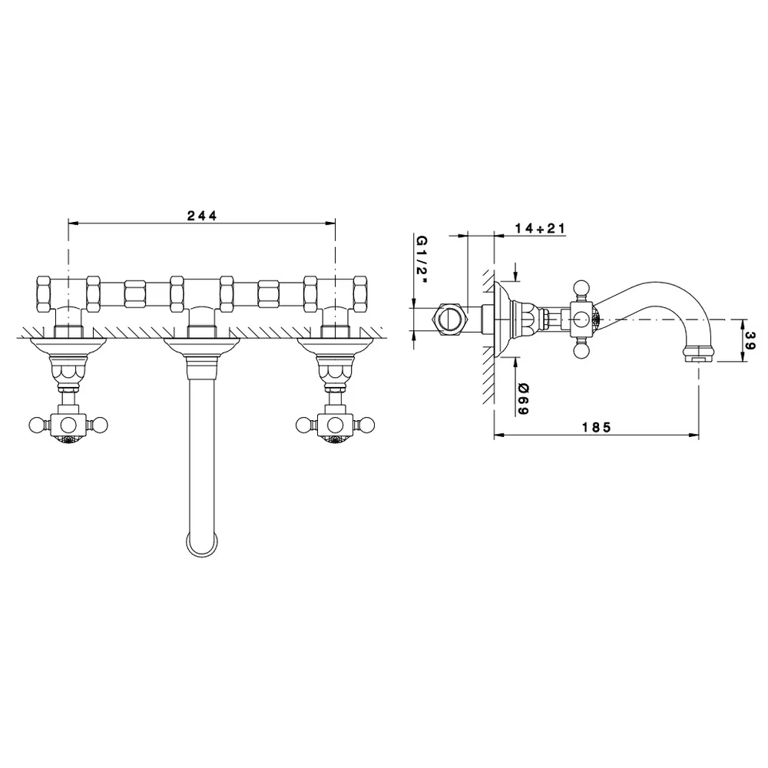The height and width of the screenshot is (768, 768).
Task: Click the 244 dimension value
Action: click(x=202, y=216)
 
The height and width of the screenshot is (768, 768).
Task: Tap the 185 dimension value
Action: click(x=597, y=428)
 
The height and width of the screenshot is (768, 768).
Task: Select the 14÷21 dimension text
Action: click(x=540, y=228)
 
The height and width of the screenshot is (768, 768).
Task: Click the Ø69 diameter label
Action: click(x=523, y=399)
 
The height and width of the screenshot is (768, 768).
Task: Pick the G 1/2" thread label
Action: click(x=422, y=260)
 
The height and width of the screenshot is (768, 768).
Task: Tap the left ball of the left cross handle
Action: click(x=37, y=424)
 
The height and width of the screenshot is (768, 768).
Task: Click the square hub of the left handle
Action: click(x=68, y=424)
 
